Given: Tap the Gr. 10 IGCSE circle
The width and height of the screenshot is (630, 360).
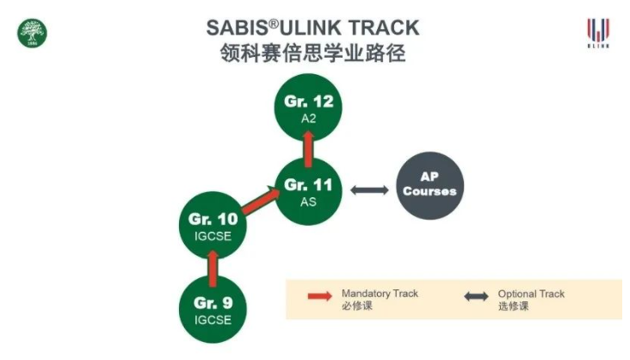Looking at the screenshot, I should coord(213,226).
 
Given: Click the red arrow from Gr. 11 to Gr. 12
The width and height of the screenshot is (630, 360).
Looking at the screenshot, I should coord(308,148).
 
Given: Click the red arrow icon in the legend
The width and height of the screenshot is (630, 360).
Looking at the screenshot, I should coord(318,297).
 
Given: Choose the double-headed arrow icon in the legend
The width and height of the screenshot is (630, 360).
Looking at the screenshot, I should coord(476,297).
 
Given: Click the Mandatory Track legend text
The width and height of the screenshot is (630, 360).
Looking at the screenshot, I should coord(380,294).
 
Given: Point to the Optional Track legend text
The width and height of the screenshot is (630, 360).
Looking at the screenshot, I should coord(531,294).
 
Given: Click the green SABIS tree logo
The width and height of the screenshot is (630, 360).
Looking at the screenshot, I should coord(32,34).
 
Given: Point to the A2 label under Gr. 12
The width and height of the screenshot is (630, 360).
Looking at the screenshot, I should coord(308,119).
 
